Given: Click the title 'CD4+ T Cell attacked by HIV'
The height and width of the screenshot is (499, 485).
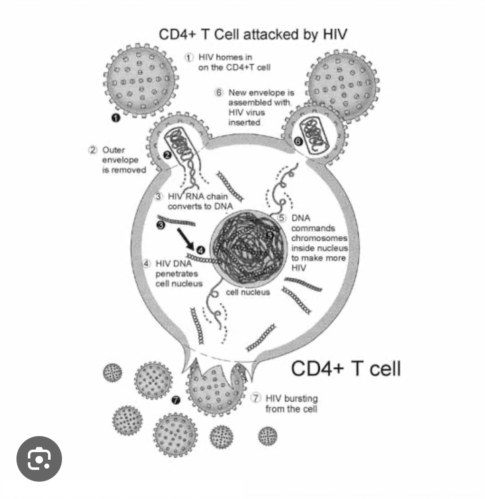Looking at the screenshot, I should pos(253,34).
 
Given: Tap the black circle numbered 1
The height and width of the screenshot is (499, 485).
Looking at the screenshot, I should pos(116,118).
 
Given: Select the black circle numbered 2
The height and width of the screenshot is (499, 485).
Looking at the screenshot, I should pos(167,155).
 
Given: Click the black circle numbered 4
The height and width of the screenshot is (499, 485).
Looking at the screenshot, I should pos(201,250).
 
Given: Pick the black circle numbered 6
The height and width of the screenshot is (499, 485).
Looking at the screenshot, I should pos(298,141).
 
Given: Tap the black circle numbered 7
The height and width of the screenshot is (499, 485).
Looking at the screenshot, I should pos(176,400).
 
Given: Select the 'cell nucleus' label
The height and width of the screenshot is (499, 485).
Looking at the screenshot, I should pos(248,292).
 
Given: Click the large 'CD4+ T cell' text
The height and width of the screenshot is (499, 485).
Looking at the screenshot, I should pos(346,368).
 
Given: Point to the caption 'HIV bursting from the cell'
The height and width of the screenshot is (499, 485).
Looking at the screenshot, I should pos(291,404).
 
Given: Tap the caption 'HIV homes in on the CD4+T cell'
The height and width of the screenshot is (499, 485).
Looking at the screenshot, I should pos(234,62).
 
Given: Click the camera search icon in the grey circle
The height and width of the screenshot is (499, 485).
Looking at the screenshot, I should pos(39,458).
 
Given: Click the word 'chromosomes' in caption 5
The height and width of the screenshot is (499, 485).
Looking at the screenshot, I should pos(319,238).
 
